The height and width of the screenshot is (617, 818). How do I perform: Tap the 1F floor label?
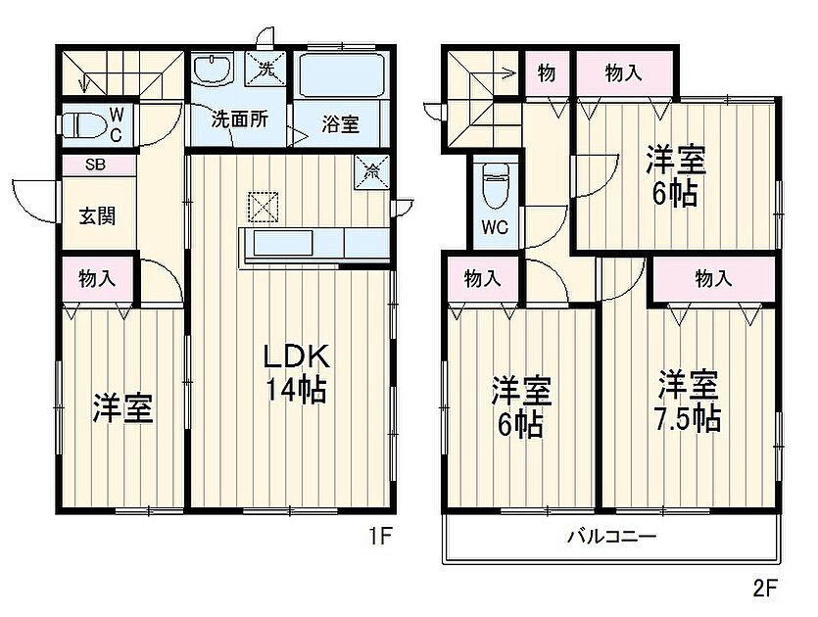(x=380, y=538)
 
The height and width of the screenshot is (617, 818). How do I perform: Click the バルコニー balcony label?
(x=611, y=537)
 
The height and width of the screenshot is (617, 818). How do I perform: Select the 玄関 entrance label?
(x=97, y=214)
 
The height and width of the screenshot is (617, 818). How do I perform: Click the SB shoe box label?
(x=96, y=166)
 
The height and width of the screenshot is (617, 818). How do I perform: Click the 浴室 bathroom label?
(x=340, y=124)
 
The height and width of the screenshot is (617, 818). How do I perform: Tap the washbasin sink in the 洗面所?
(x=211, y=70)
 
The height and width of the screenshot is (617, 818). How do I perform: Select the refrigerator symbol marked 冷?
(x=373, y=169)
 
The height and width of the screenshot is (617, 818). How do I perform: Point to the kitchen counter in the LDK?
(x=313, y=243)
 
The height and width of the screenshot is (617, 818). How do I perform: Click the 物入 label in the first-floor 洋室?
(x=98, y=278)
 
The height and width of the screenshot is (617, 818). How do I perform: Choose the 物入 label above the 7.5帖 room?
(x=713, y=279)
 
